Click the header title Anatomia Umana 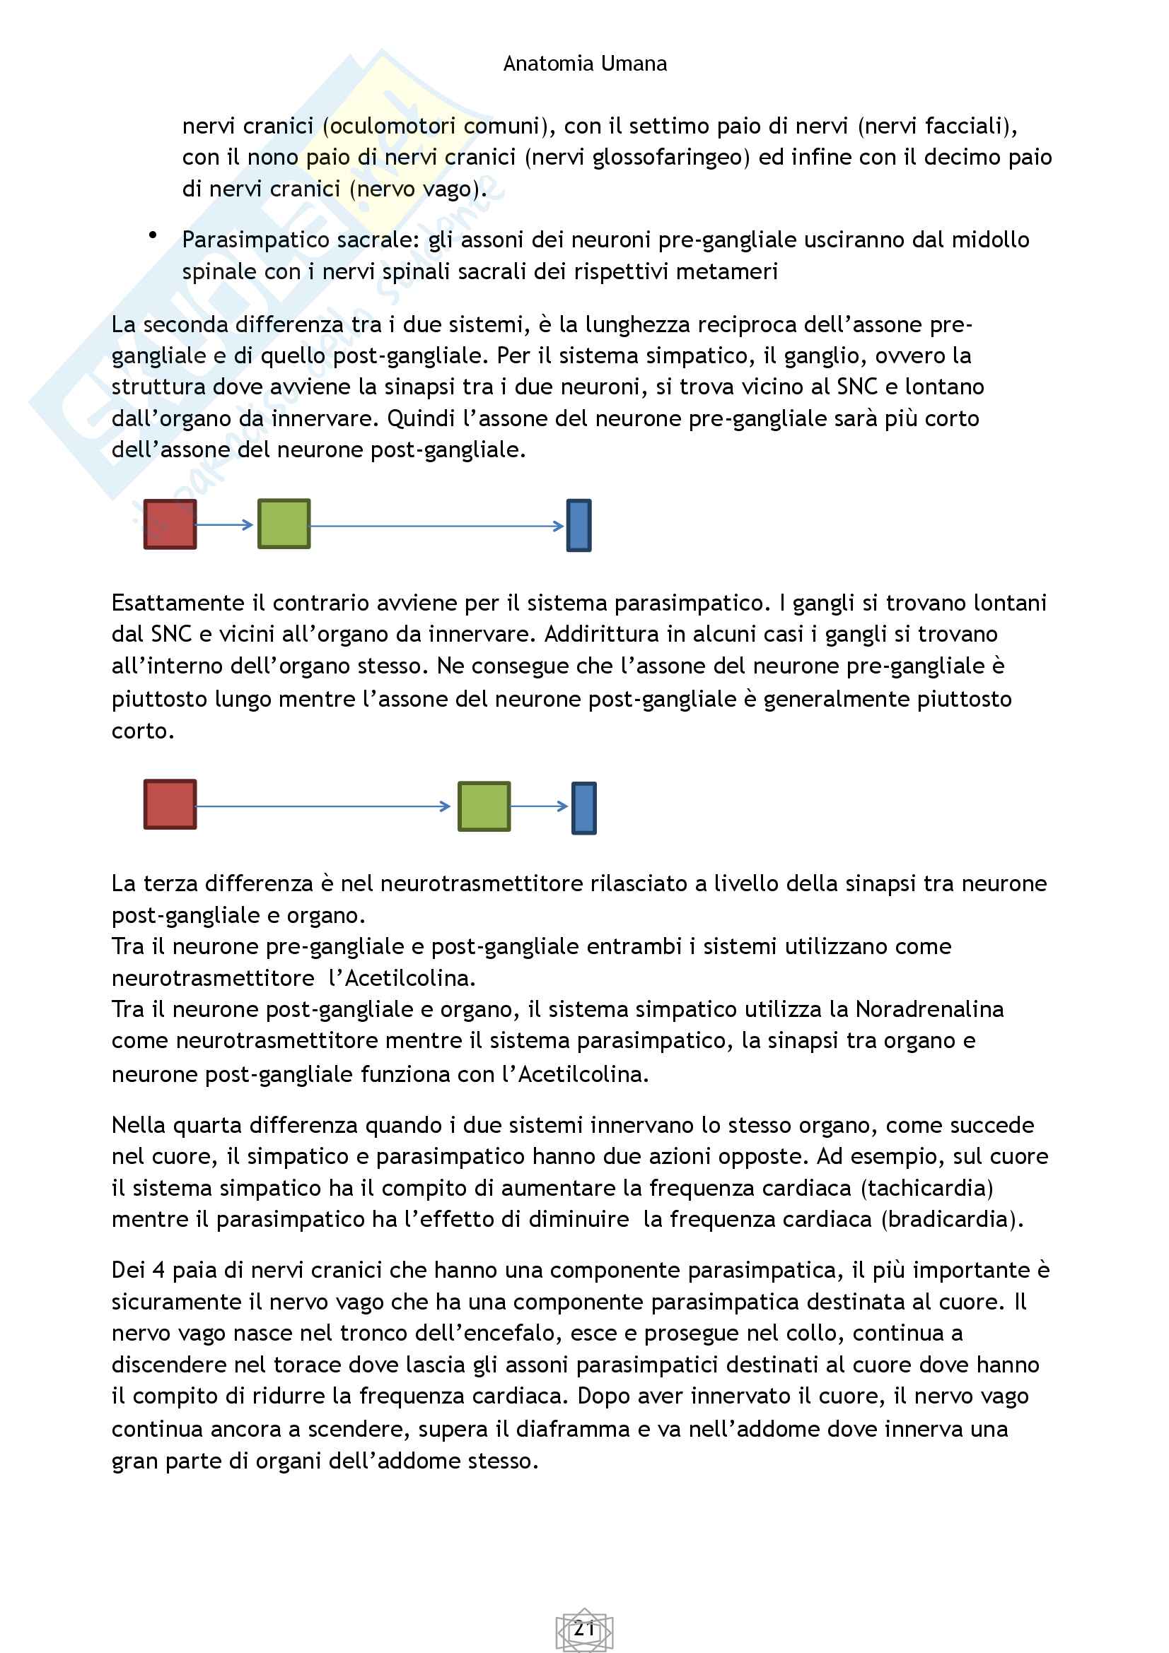584,64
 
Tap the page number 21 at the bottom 584,1628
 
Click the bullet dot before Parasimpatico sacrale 153,235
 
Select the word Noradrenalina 929,1009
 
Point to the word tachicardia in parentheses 927,1188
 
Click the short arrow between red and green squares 225,525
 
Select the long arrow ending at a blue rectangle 436,527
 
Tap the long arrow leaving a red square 322,806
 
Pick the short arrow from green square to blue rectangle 540,806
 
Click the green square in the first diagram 284,524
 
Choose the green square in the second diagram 484,806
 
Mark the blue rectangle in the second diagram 583,808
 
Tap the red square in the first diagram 170,524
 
